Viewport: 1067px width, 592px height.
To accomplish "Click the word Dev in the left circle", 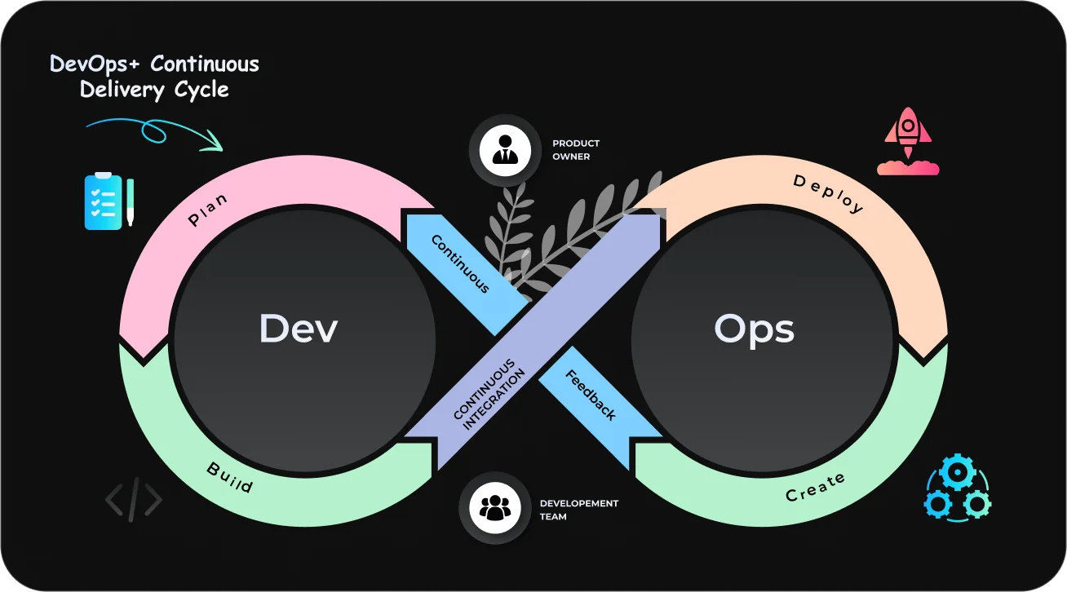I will point(298,329).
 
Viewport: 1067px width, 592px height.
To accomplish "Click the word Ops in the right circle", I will point(754,329).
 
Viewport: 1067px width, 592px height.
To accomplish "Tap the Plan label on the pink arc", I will point(208,209).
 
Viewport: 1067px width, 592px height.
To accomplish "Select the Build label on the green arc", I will point(229,477).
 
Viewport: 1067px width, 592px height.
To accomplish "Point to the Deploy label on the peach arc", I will point(828,193).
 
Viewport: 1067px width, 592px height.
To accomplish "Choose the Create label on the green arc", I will point(815,488).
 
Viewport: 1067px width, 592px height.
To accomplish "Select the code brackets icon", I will point(133,499).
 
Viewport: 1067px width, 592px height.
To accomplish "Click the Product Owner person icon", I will point(504,150).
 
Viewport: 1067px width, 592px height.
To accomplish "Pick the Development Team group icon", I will point(494,508).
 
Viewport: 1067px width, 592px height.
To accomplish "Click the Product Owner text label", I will point(575,150).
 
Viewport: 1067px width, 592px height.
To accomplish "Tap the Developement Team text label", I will point(578,510).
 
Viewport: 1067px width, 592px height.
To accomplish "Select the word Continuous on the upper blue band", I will point(460,263).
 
